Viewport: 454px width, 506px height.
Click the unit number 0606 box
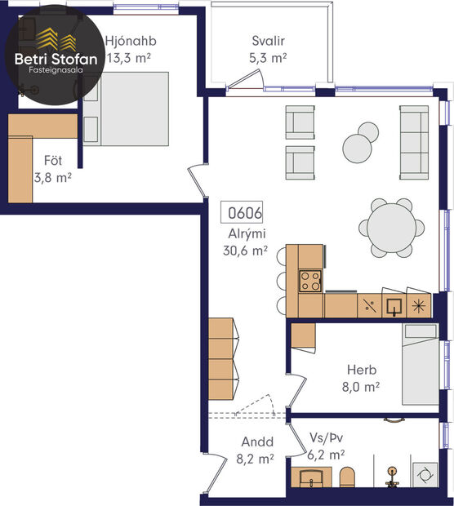pyautogui.click(x=244, y=215)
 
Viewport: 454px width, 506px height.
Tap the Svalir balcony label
pyautogui.click(x=269, y=41)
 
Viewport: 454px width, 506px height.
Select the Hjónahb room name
pyautogui.click(x=131, y=41)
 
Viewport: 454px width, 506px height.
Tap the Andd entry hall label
pyautogui.click(x=256, y=443)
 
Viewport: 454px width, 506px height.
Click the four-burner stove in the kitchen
pyautogui.click(x=310, y=281)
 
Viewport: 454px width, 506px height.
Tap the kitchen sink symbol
pyautogui.click(x=394, y=306)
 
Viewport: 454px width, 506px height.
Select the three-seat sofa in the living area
pyautogui.click(x=414, y=142)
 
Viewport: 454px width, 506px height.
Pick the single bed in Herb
pyautogui.click(x=421, y=363)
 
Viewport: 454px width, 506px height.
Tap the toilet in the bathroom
pyautogui.click(x=348, y=479)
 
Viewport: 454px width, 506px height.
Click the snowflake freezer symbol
pyautogui.click(x=419, y=306)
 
